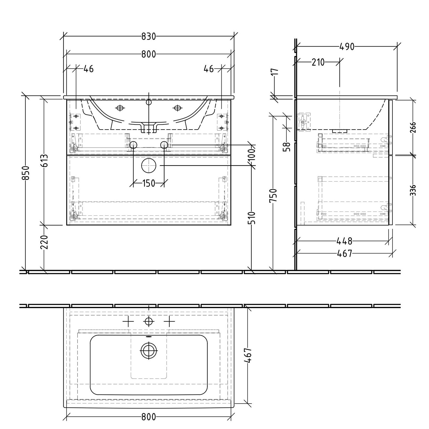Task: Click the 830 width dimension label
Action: (148, 37)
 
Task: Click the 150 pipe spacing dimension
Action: (148, 183)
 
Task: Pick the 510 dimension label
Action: (252, 218)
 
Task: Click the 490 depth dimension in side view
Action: (347, 47)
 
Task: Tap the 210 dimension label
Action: (318, 62)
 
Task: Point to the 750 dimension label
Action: (273, 195)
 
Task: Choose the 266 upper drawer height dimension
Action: (413, 127)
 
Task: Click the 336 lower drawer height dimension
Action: (413, 190)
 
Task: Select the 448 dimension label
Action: (344, 241)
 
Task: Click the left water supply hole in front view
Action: (133, 145)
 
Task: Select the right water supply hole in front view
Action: (164, 145)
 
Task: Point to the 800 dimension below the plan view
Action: (148, 417)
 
